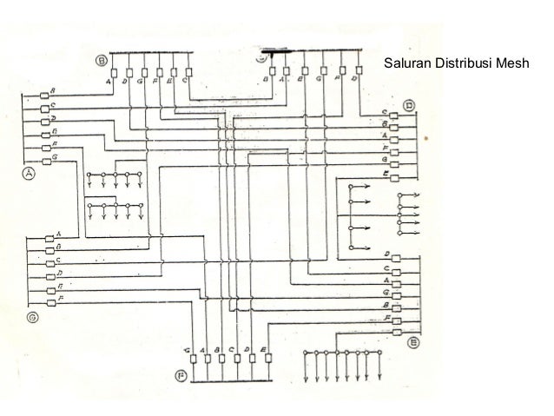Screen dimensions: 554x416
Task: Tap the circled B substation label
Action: click(102, 61)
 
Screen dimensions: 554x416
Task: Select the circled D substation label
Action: click(409, 107)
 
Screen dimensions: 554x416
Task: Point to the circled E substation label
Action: click(413, 343)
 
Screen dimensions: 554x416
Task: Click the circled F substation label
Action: click(181, 375)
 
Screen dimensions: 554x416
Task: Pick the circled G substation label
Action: click(32, 317)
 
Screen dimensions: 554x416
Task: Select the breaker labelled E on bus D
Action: click(395, 176)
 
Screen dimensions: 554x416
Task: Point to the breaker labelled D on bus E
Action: click(395, 258)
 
